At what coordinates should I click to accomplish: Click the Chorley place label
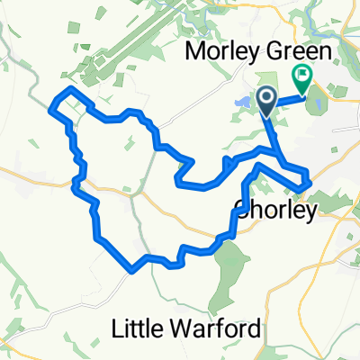tap(274, 210)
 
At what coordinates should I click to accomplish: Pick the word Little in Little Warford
tap(135, 328)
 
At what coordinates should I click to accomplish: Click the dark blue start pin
tap(267, 100)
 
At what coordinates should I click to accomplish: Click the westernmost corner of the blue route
tap(50, 106)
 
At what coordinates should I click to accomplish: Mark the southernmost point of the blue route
tap(134, 267)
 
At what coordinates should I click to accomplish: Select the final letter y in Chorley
tap(310, 212)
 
